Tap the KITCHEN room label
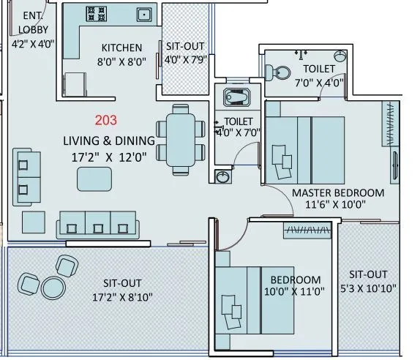121,48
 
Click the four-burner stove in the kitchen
96,13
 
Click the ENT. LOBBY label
30,23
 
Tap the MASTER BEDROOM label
337,192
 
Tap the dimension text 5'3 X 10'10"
368,288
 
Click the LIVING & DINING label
108,140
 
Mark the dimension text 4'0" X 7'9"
185,59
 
